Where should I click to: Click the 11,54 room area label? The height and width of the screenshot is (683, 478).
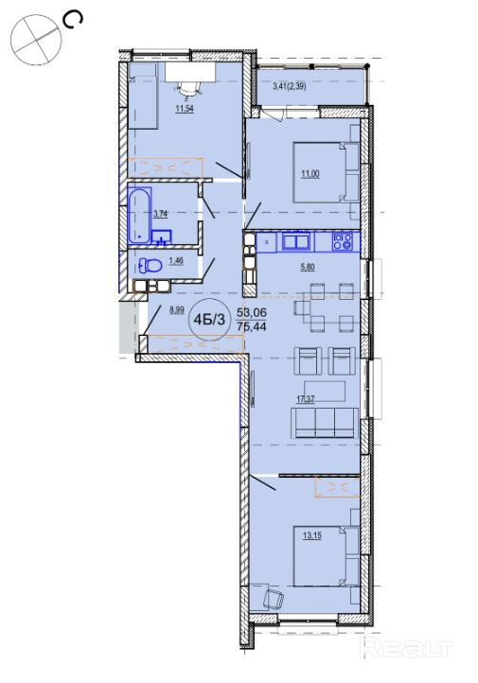[x=185, y=109]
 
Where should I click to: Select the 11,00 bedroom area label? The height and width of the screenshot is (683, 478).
[x=310, y=174]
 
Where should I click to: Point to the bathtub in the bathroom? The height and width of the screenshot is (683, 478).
[x=139, y=215]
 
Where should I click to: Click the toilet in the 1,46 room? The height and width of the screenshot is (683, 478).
[x=150, y=265]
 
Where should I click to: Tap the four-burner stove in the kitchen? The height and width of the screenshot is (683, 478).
[x=342, y=241]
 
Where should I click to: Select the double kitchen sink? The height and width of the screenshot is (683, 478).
[x=296, y=241]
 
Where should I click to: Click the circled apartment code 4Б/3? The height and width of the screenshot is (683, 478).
[x=209, y=320]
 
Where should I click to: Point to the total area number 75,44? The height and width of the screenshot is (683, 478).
[x=252, y=325]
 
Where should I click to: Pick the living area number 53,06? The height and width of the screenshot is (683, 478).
[x=252, y=312]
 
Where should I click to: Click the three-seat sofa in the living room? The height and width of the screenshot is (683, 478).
[x=324, y=423]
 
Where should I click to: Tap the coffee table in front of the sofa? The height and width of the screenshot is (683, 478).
[x=325, y=392]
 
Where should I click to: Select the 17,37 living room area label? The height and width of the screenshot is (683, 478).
[x=306, y=399]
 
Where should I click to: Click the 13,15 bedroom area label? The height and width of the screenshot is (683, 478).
[x=312, y=535]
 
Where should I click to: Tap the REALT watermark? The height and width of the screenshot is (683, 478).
[x=407, y=648]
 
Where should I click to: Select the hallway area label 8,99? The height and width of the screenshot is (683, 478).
[x=177, y=310]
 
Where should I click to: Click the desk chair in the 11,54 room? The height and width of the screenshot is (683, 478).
[x=187, y=88]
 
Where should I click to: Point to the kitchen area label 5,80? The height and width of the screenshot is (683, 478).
[x=308, y=267]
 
